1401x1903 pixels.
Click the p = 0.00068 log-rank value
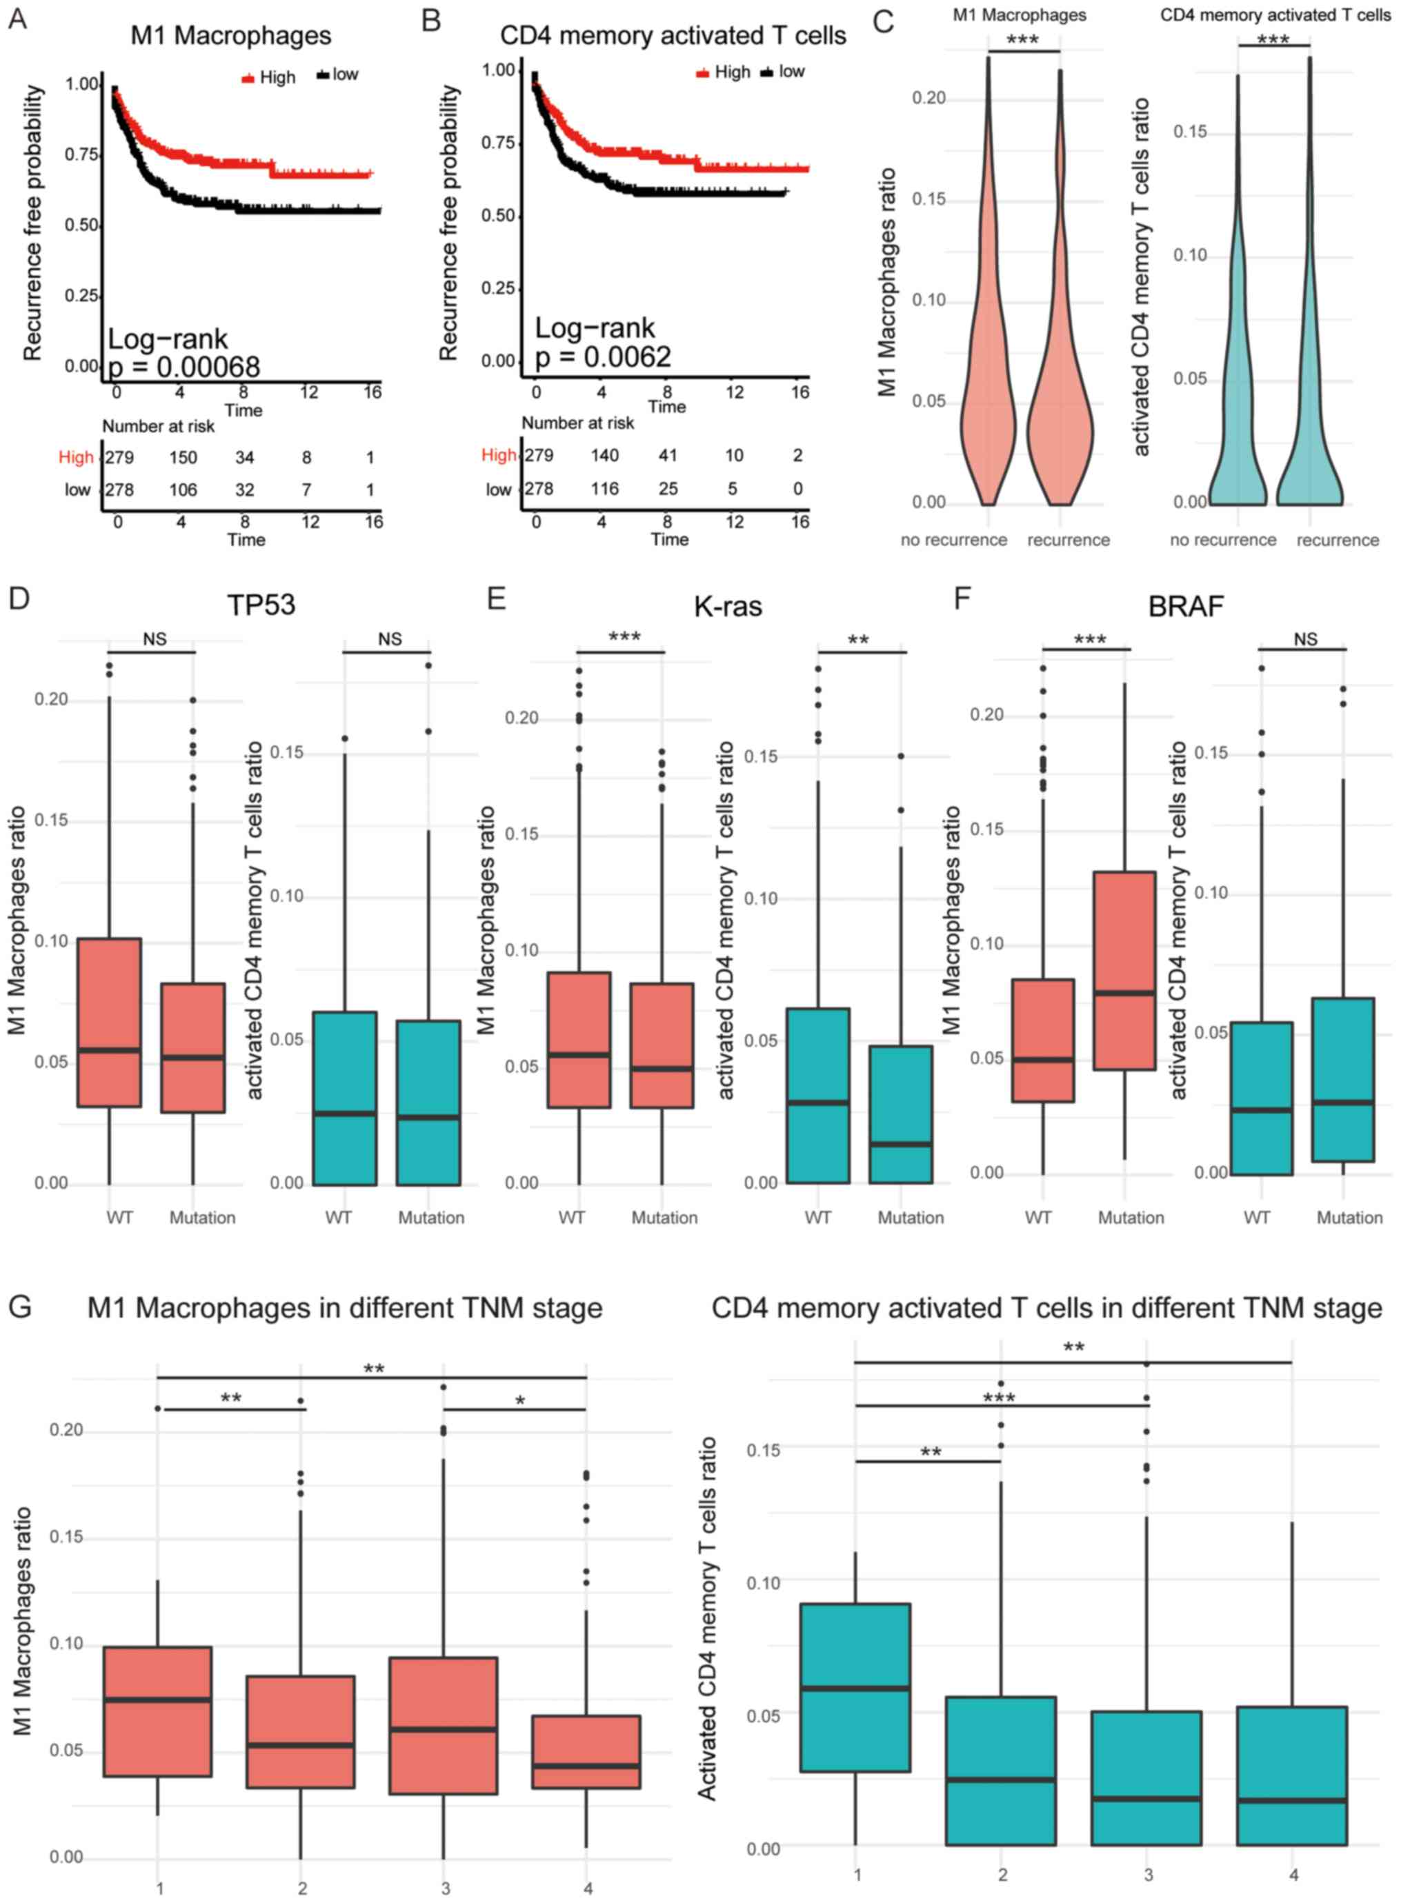(184, 366)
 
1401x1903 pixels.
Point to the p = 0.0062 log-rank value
(603, 357)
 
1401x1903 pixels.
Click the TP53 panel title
(261, 605)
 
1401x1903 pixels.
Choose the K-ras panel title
(728, 606)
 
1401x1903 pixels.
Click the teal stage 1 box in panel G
(855, 1687)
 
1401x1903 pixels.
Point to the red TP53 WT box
(110, 1021)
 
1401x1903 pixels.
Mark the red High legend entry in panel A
(268, 78)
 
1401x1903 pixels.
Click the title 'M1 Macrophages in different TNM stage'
(344, 1308)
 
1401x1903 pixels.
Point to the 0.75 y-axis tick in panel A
(81, 155)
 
